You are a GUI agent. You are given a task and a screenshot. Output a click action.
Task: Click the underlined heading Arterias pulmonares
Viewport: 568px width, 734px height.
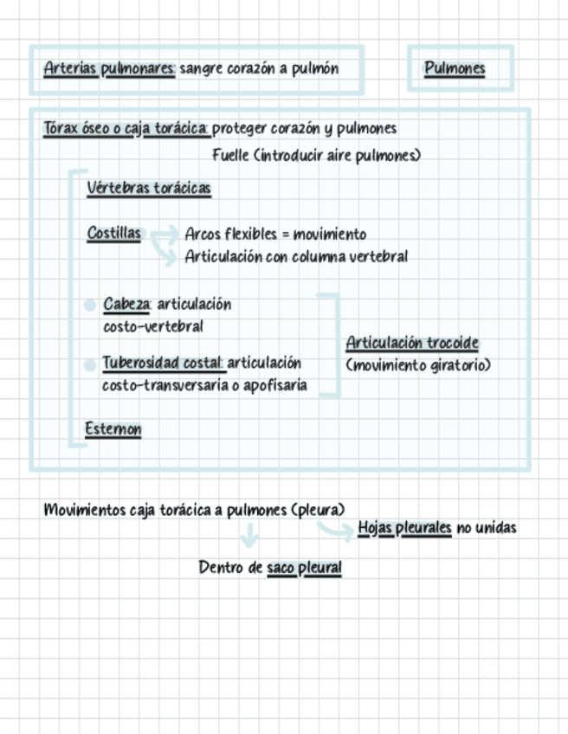pos(109,69)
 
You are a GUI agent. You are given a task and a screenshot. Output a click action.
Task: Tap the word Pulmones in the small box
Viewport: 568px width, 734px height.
pos(455,69)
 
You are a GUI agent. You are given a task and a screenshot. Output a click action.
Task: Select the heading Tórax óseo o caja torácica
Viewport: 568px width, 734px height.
pos(126,129)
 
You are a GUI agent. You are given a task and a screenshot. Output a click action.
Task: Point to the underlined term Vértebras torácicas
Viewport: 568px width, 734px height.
pos(149,189)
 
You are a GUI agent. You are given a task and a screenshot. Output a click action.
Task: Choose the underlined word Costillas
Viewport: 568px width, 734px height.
pos(113,234)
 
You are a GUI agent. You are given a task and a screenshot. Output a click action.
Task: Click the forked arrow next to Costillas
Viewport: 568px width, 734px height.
pos(161,243)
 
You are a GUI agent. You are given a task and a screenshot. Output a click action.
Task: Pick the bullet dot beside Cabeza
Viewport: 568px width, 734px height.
pos(89,306)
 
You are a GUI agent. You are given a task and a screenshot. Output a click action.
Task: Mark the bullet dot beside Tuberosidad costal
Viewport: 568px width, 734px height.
pos(89,365)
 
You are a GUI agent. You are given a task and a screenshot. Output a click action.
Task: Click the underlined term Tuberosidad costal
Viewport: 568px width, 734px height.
pos(163,363)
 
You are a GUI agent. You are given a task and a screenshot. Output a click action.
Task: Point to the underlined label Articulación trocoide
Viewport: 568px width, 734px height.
pos(412,344)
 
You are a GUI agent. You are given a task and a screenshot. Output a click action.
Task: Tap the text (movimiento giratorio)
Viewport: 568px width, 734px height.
pos(418,365)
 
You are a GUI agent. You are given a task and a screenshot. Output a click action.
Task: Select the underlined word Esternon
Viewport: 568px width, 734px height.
pos(113,429)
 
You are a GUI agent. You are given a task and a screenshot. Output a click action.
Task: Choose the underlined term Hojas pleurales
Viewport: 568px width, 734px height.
pos(404,528)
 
